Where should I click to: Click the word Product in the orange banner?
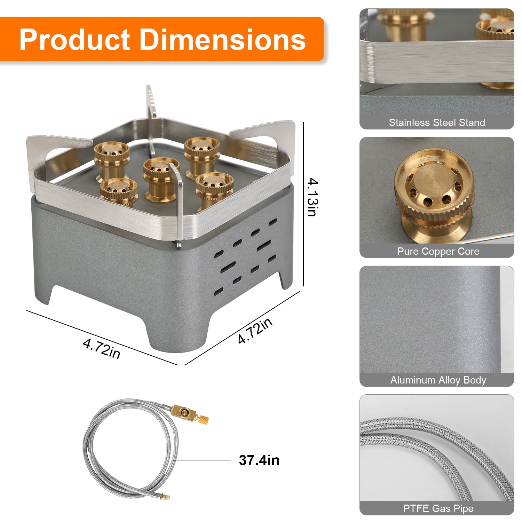tap(75, 40)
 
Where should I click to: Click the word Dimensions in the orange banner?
tap(223, 40)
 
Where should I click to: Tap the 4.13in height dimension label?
tap(312, 197)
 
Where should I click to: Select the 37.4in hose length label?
tap(259, 460)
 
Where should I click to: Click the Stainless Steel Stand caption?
tap(437, 122)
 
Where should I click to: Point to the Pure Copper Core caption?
tap(438, 251)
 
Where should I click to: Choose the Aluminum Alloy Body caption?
tap(438, 380)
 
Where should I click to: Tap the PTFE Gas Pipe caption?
tap(438, 508)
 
